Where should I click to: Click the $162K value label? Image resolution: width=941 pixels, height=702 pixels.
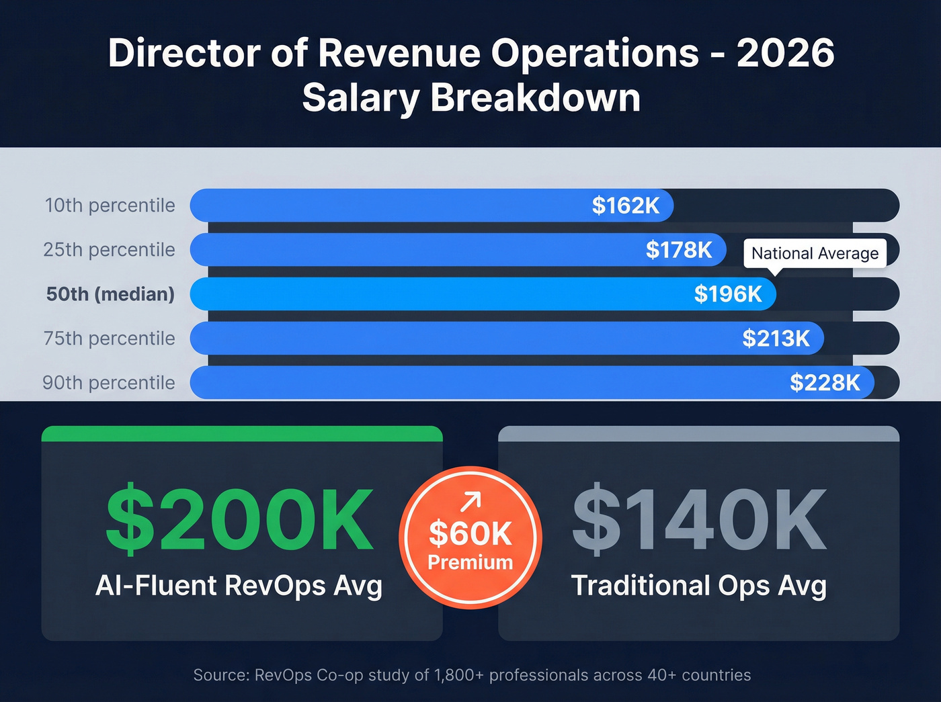click(625, 206)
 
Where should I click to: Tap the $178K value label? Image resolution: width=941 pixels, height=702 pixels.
click(679, 250)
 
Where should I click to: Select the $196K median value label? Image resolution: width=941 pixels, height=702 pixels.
click(728, 294)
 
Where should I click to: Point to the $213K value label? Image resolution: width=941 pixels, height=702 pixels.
click(776, 339)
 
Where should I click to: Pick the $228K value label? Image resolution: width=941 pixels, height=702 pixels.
click(825, 383)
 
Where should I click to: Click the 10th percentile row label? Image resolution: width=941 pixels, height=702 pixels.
click(110, 206)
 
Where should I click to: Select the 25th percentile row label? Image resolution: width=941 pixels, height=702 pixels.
click(109, 250)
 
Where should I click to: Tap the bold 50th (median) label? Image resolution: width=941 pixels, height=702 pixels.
click(110, 294)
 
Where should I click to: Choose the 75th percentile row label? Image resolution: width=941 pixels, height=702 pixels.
click(109, 339)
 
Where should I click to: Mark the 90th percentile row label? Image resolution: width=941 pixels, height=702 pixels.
click(109, 383)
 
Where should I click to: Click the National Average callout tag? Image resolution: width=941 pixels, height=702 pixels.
click(815, 253)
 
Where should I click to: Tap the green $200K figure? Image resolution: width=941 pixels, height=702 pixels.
click(240, 521)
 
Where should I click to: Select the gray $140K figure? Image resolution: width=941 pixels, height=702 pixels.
click(699, 521)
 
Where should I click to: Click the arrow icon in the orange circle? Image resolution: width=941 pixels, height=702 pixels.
click(470, 501)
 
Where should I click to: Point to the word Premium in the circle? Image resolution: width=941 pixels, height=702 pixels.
click(470, 562)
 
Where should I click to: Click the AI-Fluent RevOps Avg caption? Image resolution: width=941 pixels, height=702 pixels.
click(239, 586)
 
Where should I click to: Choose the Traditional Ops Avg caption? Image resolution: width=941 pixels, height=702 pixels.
click(698, 586)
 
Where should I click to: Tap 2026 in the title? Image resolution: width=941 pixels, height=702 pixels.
click(785, 53)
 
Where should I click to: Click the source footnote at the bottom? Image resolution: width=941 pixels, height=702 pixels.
click(472, 675)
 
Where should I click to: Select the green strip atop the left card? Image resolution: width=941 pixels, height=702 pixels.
click(242, 433)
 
